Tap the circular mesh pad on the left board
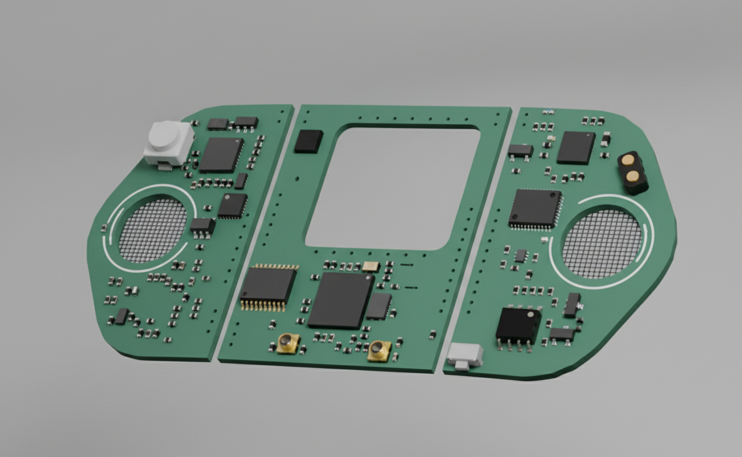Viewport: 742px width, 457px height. (153, 230)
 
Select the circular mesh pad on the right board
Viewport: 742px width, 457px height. (602, 243)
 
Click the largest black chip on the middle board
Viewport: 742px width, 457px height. (341, 299)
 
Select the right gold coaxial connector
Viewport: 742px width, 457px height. (379, 350)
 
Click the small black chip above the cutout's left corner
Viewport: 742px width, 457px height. (309, 141)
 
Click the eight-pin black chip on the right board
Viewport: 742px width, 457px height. (518, 326)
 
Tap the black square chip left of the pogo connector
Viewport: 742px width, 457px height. (575, 147)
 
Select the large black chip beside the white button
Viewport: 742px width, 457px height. (221, 155)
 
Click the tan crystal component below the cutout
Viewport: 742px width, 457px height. (371, 266)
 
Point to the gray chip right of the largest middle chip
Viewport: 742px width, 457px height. (378, 307)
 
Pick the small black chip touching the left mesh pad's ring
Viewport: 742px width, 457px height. (202, 226)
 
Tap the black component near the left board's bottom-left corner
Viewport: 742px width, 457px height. (121, 316)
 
